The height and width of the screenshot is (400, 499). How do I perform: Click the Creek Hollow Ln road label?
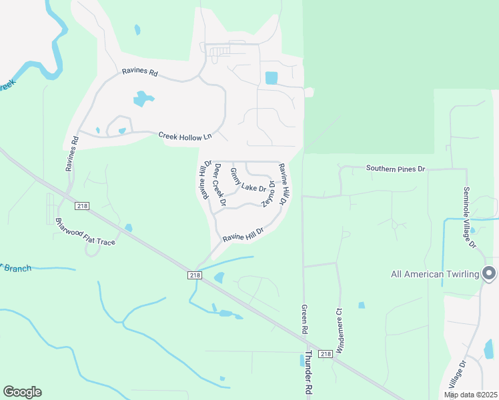[x=185, y=135]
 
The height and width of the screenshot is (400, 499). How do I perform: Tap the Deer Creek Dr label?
[x=219, y=185]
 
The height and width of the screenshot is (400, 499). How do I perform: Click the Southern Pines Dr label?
[x=396, y=169]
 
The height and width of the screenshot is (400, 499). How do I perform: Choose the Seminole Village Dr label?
[x=469, y=217]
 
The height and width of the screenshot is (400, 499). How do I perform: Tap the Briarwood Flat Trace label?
[x=85, y=231]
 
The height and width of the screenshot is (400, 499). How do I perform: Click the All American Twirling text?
[x=434, y=274]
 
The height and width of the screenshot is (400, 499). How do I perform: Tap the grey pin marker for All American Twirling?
[x=489, y=273]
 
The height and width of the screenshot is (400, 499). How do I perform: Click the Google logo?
[x=22, y=392]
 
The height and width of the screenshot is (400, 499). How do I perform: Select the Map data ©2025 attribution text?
[x=470, y=395]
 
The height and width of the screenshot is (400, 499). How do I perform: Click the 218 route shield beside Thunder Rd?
[x=325, y=353]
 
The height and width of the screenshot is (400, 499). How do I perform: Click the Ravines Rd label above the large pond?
[x=139, y=72]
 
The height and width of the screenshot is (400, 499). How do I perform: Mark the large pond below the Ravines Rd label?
[x=143, y=99]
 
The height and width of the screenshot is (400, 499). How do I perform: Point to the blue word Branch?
[x=18, y=268]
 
